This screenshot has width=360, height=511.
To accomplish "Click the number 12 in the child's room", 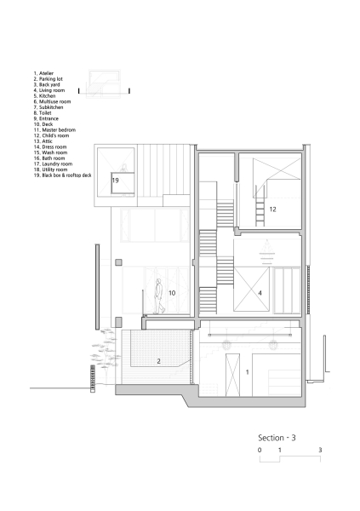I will pyautogui.click(x=272, y=209).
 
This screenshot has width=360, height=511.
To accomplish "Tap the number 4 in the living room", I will pyautogui.click(x=260, y=293).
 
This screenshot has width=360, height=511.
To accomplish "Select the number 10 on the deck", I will pyautogui.click(x=171, y=293).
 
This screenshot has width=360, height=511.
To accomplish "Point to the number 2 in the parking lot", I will pyautogui.click(x=158, y=361).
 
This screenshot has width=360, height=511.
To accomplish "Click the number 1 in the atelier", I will pyautogui.click(x=248, y=372).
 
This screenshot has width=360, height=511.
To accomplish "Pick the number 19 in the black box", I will pyautogui.click(x=115, y=181).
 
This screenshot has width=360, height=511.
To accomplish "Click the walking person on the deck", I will pyautogui.click(x=158, y=296).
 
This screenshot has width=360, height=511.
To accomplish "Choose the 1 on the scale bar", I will pyautogui.click(x=280, y=449).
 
